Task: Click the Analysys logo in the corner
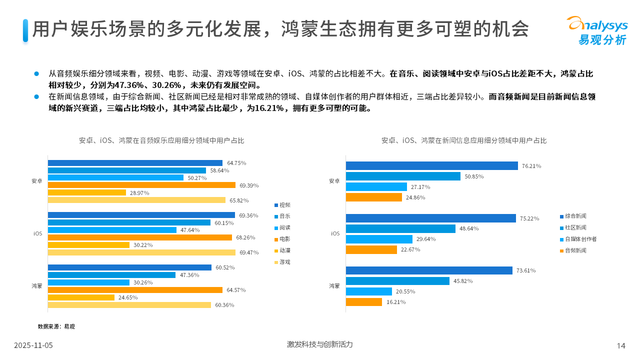click(596, 30)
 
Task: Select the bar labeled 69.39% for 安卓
click(141, 185)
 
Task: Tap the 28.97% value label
click(139, 192)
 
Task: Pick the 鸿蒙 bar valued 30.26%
click(88, 282)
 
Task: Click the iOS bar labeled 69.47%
click(141, 252)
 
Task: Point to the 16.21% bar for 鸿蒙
click(363, 302)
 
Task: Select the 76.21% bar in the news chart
click(431, 165)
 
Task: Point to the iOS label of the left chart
click(38, 233)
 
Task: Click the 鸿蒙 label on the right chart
click(334, 286)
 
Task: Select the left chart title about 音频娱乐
click(162, 140)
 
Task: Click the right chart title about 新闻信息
click(463, 140)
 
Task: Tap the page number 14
click(621, 345)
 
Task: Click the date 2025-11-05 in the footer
click(33, 345)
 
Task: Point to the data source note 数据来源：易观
click(56, 326)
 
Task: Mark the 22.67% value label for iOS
click(410, 249)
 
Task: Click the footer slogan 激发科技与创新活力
click(319, 344)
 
